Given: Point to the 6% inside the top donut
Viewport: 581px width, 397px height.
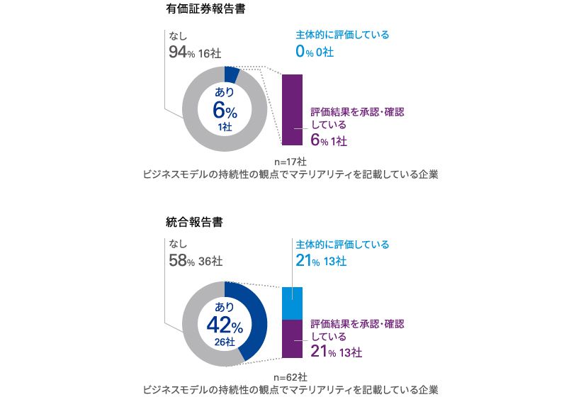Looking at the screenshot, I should [225, 111].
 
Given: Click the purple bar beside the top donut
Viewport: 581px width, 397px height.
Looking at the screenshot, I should [292, 109].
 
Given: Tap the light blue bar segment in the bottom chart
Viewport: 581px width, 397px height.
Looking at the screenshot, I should [292, 303].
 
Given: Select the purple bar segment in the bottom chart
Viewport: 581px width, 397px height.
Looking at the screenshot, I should [292, 339].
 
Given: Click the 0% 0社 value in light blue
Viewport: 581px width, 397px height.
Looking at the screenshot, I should [314, 52].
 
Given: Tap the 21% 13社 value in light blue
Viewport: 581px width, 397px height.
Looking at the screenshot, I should [320, 261].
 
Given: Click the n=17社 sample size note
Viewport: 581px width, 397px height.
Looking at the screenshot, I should [290, 161].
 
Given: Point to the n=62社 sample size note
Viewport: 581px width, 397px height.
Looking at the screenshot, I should [290, 376].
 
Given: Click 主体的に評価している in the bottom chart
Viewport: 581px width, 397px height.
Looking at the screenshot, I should [342, 245].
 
